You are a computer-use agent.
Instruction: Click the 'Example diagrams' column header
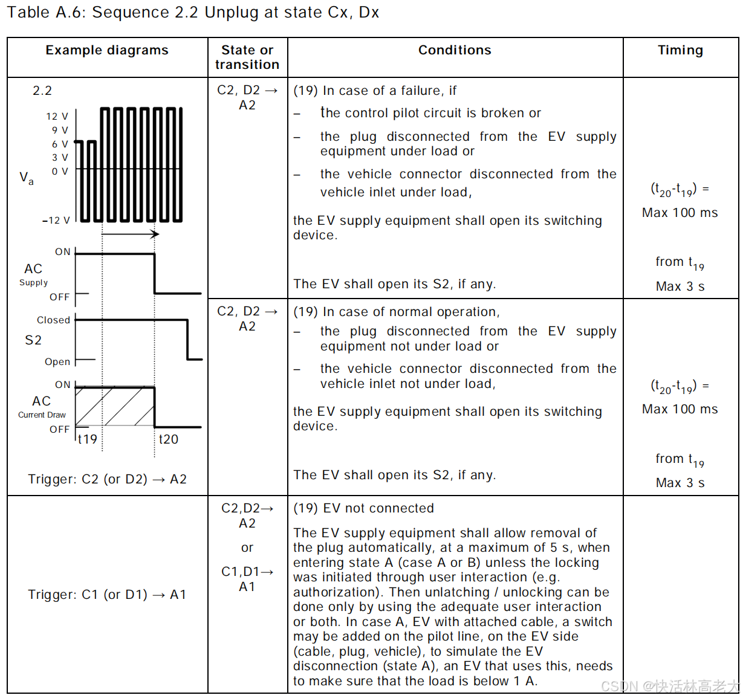pos(107,50)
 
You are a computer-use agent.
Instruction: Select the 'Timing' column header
pos(680,50)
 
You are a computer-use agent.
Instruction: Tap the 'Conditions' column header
pos(455,50)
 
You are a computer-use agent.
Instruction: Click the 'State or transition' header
pos(247,57)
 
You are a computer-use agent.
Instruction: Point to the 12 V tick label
pos(57,116)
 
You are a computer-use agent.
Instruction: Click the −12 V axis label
pos(56,221)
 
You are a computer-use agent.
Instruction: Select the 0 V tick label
pos(60,171)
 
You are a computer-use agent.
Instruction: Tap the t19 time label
pos(88,439)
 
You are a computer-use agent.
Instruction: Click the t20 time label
pos(169,439)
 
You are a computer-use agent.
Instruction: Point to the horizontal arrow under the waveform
pos(130,234)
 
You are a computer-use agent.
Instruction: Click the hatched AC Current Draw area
pos(115,406)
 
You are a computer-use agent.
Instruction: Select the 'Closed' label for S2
pos(53,320)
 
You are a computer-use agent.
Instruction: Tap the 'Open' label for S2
pos(57,361)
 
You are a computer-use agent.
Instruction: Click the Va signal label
pos(27,178)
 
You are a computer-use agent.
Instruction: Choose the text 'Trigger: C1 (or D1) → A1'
pos(107,595)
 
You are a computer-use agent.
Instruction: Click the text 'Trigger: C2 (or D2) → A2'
pos(107,479)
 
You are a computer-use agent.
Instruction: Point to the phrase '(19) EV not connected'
pos(363,508)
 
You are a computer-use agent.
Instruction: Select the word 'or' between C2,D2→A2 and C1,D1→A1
pos(247,548)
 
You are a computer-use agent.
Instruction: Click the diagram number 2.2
pos(42,91)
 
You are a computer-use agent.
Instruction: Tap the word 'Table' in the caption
pos(28,12)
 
